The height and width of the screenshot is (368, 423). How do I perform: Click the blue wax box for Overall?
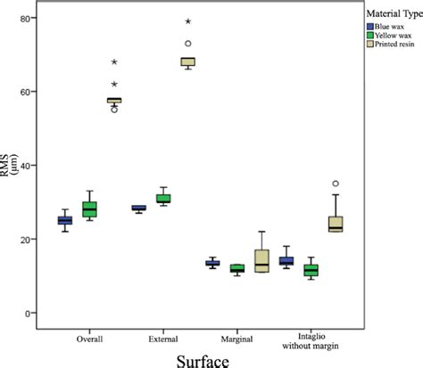pyautogui.click(x=65, y=220)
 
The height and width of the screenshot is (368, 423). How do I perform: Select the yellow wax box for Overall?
pyautogui.click(x=89, y=209)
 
